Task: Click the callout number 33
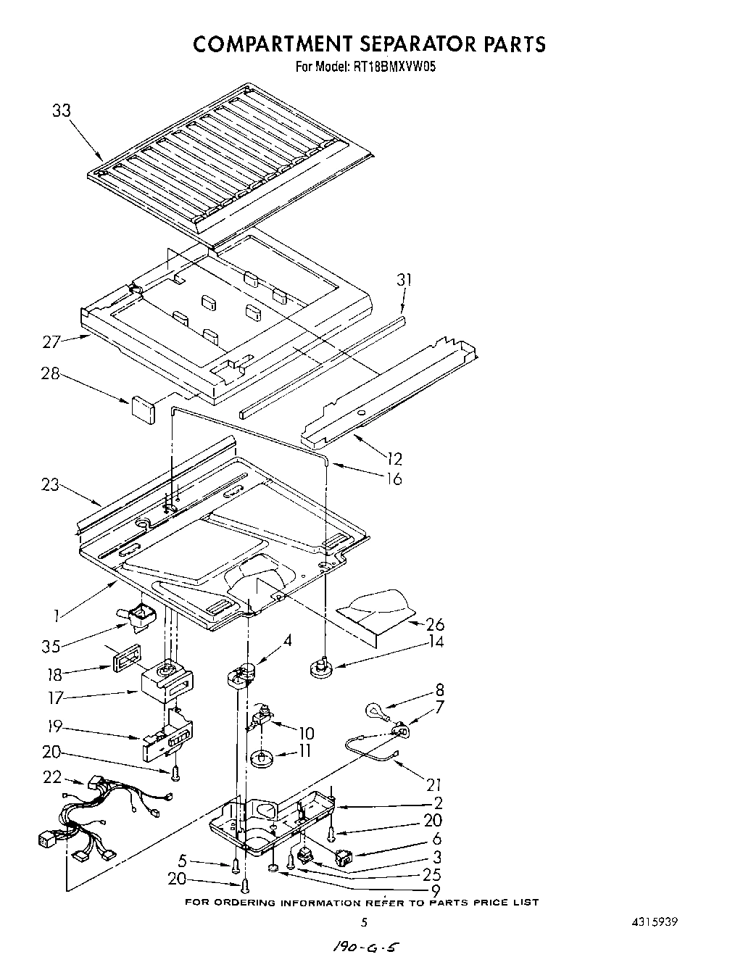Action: (x=62, y=111)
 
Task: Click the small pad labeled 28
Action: (x=143, y=407)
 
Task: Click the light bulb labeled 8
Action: (x=374, y=708)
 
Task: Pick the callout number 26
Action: (x=435, y=624)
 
